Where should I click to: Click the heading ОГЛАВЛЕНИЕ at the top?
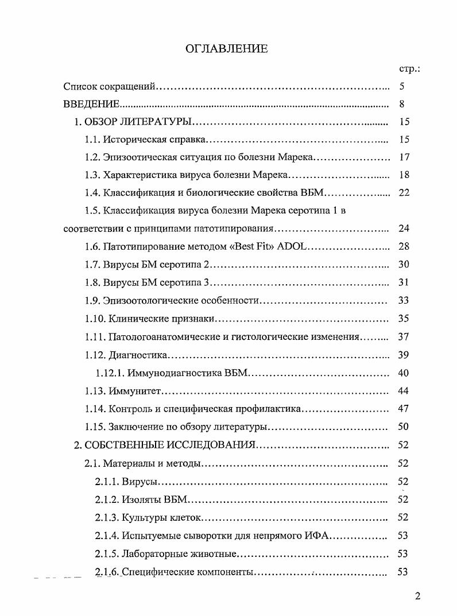coord(227,49)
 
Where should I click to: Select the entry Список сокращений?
coord(109,87)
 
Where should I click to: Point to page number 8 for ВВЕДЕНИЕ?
coord(402,104)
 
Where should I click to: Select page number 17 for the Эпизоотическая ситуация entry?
coord(403,157)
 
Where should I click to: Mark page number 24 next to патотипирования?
coord(403,228)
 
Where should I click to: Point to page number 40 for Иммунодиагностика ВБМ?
coord(403,373)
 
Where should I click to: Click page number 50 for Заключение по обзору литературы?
coord(403,427)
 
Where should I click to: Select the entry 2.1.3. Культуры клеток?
coord(148,517)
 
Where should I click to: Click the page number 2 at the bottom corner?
coord(417,595)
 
